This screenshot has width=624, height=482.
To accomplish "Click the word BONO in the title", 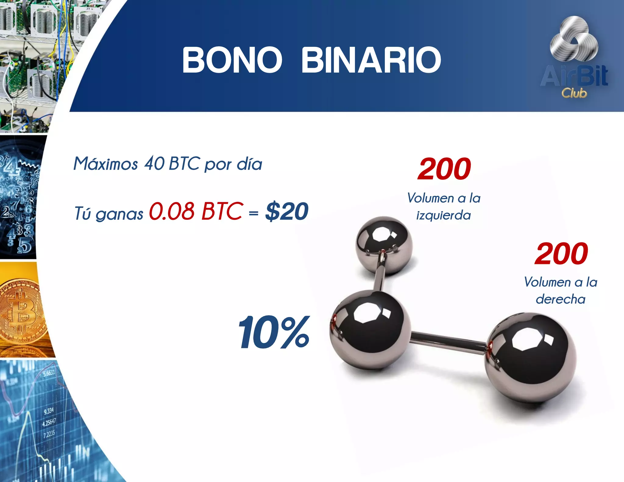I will pyautogui.click(x=232, y=60).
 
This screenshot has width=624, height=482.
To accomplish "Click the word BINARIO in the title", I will pyautogui.click(x=371, y=60).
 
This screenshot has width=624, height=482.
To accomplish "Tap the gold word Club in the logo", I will pyautogui.click(x=574, y=93).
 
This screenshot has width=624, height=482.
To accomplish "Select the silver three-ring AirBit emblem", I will pyautogui.click(x=574, y=41).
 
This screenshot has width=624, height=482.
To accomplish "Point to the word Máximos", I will pyautogui.click(x=106, y=164).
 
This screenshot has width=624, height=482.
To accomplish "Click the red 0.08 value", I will pyautogui.click(x=172, y=211).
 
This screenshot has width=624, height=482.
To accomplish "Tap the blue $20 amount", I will pyautogui.click(x=287, y=211).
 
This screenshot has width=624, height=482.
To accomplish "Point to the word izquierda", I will pyautogui.click(x=444, y=216).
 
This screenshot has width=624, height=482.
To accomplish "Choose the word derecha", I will pyautogui.click(x=561, y=299).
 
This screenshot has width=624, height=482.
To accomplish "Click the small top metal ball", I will pyautogui.click(x=384, y=245).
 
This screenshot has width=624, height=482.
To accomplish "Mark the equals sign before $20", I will pyautogui.click(x=253, y=213).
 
